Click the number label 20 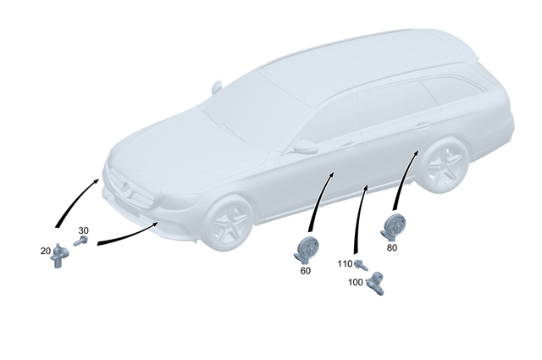point(45,250)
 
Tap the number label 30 point(83,230)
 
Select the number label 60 point(306,271)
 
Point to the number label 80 point(391,248)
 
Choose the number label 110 point(345,264)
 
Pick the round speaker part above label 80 point(395,227)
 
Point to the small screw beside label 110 point(359,264)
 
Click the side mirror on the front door point(304,147)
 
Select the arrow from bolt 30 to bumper point(127,235)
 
